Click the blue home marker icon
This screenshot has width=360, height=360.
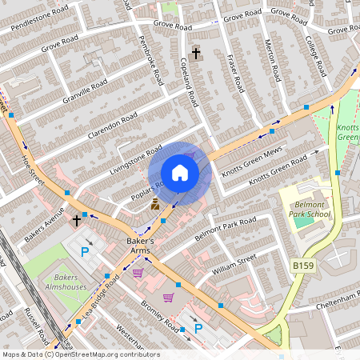coord(180,173)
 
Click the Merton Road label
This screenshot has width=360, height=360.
coord(271,61)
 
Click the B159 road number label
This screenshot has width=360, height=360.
coord(302,265)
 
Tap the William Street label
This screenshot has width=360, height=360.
coord(233,265)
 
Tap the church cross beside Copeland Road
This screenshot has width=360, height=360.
coord(196,53)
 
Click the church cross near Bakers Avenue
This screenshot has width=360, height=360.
coord(78,219)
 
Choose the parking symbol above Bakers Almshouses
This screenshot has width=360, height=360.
coord(85,252)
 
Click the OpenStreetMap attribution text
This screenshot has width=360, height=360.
coord(81,354)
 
